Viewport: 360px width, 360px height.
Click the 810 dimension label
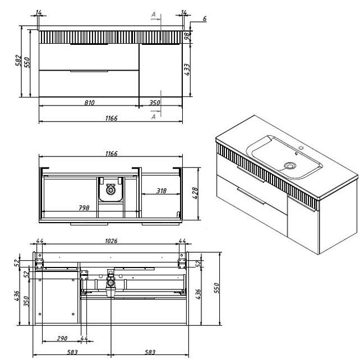click(89, 103)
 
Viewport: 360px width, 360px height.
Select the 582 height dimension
click(19, 61)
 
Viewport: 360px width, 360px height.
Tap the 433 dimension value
click(187, 70)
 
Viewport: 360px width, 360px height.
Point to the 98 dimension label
click(188, 36)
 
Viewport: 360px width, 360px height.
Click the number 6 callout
click(205, 19)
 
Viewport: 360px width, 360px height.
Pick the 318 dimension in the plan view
click(161, 191)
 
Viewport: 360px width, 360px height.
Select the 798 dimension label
click(84, 208)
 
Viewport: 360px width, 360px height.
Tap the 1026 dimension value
click(111, 241)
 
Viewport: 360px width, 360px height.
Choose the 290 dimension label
click(62, 338)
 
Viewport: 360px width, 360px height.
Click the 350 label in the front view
click(155, 103)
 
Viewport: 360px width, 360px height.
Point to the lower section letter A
click(154, 117)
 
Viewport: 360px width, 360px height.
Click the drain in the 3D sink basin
click(290, 165)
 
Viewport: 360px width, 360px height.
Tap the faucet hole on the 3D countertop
click(302, 148)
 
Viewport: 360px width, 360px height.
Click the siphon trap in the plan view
click(110, 190)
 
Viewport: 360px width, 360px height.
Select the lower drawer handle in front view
click(89, 71)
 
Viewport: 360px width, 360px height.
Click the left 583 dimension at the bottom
click(72, 352)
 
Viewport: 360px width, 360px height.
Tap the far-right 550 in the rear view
click(216, 288)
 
